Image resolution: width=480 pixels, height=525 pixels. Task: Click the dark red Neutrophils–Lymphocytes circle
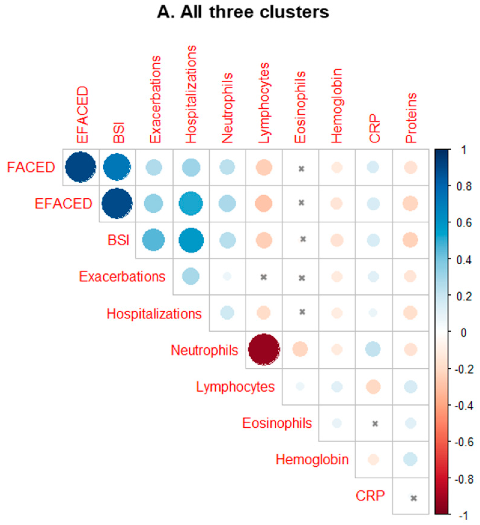pos(264,350)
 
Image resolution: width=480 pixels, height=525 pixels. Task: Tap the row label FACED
pos(31,167)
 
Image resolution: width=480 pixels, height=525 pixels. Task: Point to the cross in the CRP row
pos(414,498)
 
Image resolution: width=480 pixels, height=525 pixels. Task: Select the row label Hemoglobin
pos(312,459)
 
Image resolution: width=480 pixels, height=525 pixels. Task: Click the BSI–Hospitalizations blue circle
pos(191,240)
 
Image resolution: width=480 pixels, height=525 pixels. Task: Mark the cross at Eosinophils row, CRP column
pos(375,424)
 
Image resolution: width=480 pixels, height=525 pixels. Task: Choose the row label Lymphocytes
pos(235,387)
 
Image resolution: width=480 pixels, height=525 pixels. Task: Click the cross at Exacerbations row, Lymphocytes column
pos(264,277)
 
